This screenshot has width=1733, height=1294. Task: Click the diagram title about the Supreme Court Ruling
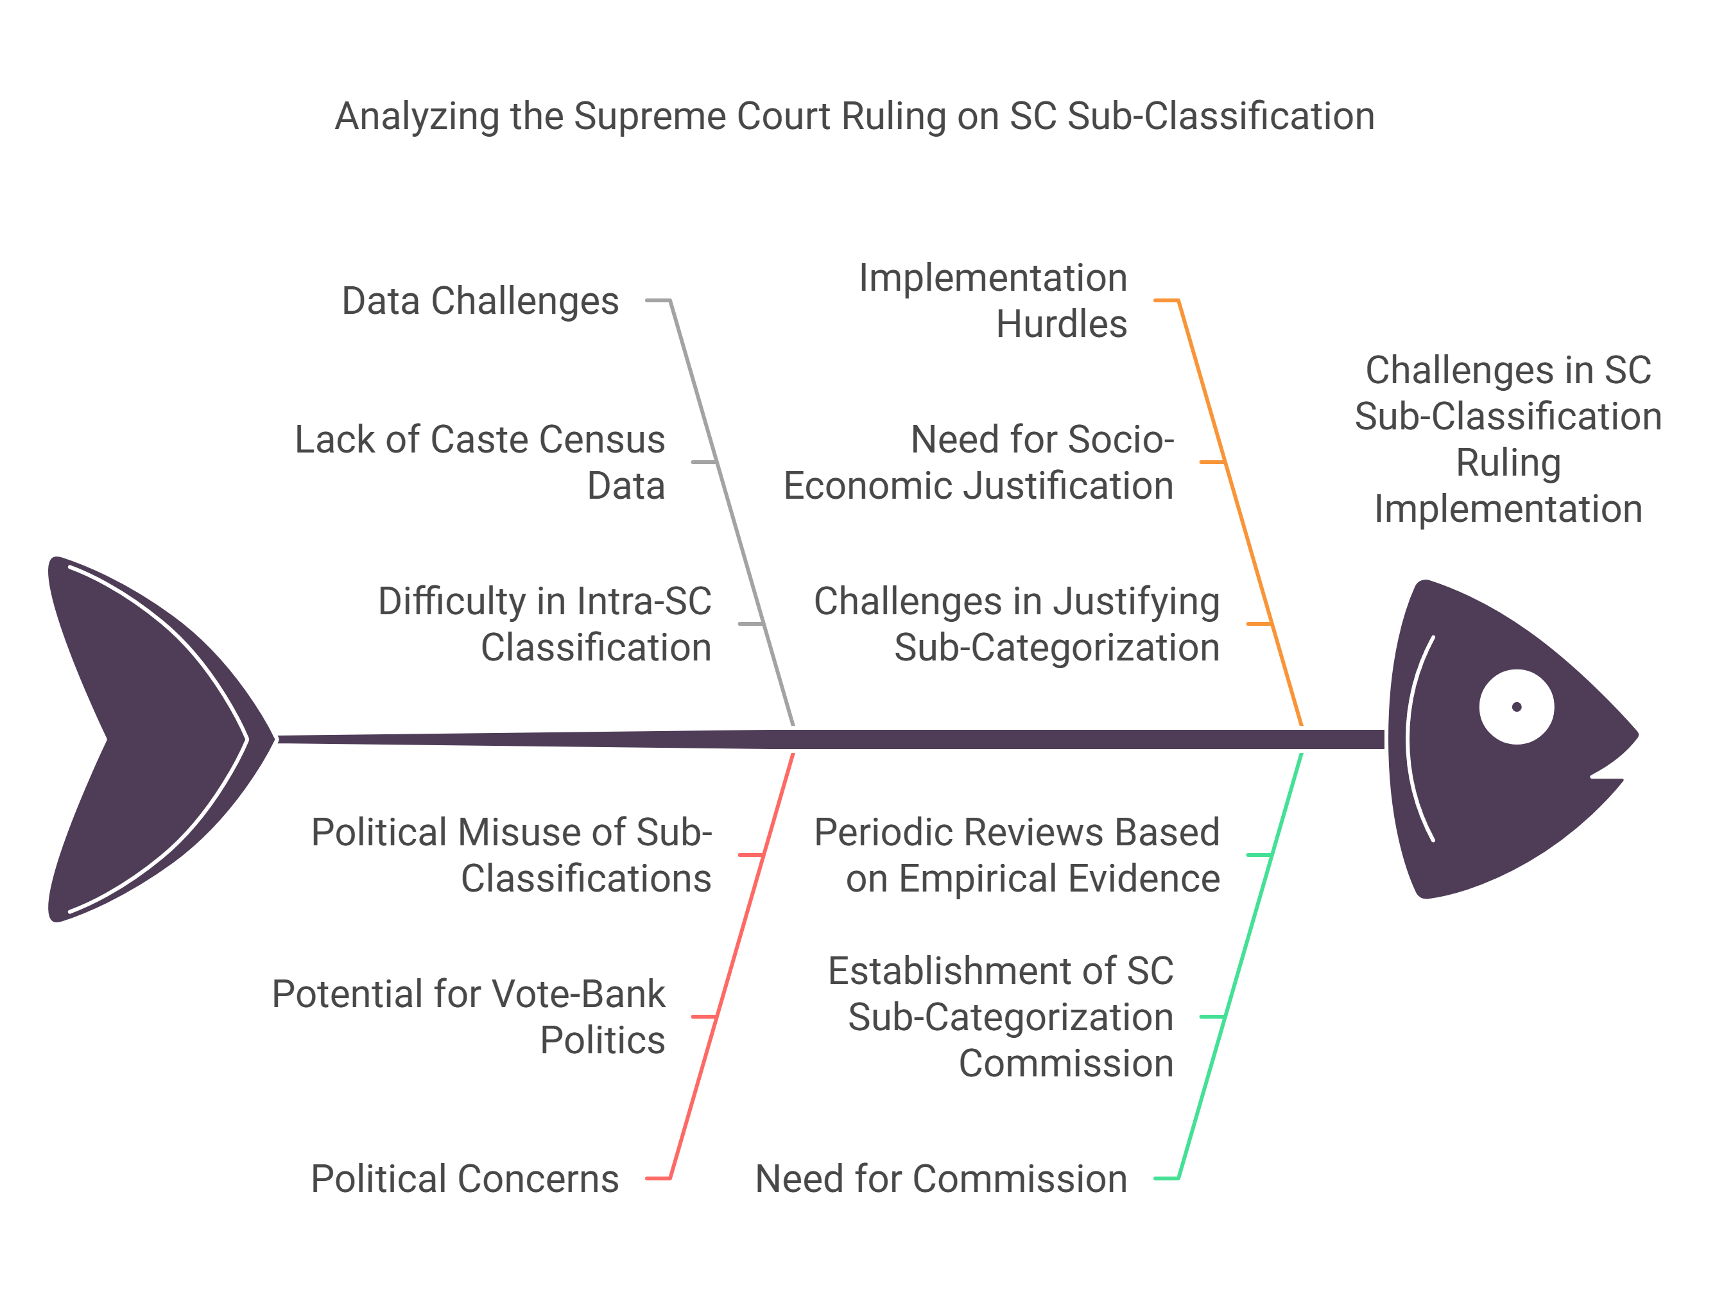(854, 116)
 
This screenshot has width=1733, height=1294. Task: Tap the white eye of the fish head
(1515, 706)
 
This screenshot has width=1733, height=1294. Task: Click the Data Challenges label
(480, 301)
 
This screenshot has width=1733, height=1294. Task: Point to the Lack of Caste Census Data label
(480, 462)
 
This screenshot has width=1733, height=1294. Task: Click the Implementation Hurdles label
(993, 301)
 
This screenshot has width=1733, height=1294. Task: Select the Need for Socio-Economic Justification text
(979, 462)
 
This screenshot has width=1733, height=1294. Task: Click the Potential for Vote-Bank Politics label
(469, 1016)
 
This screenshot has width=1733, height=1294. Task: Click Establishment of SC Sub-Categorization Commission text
(1001, 1016)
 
